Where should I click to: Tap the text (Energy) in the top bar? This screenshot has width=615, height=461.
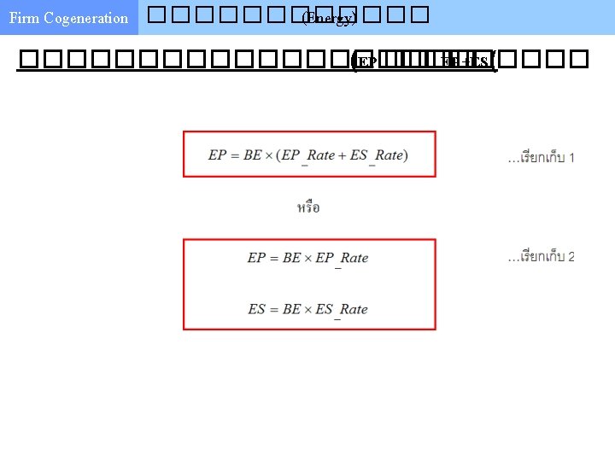329,18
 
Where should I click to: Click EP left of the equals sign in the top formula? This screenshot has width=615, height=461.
217,155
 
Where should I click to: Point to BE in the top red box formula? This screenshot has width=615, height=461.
253,155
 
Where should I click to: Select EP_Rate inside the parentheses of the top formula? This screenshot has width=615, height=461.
308,155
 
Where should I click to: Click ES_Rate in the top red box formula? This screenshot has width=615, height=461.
377,155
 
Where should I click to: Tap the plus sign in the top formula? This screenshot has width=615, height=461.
343,155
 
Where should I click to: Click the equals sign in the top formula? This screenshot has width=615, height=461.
235,155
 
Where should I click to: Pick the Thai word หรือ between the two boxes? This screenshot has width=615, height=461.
308,207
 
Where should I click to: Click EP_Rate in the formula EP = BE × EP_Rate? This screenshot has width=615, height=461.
342,258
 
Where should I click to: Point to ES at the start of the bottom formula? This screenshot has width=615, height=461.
256,309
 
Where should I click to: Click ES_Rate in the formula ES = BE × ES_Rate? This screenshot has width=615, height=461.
342,310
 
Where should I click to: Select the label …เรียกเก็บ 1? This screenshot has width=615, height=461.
542,158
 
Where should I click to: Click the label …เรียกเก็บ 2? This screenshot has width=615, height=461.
542,257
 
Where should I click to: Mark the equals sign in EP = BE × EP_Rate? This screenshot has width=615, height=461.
274,257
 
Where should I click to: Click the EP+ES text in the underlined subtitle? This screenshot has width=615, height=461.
465,61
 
